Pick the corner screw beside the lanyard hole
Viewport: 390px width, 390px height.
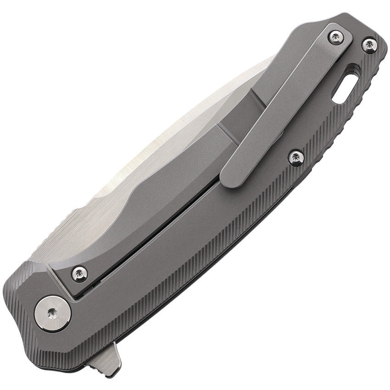pos(369,45)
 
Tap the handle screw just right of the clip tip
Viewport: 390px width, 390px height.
pos(296,157)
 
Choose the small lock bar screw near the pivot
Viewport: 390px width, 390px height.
pos(80,273)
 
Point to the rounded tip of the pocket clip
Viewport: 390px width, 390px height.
pos(232,177)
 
